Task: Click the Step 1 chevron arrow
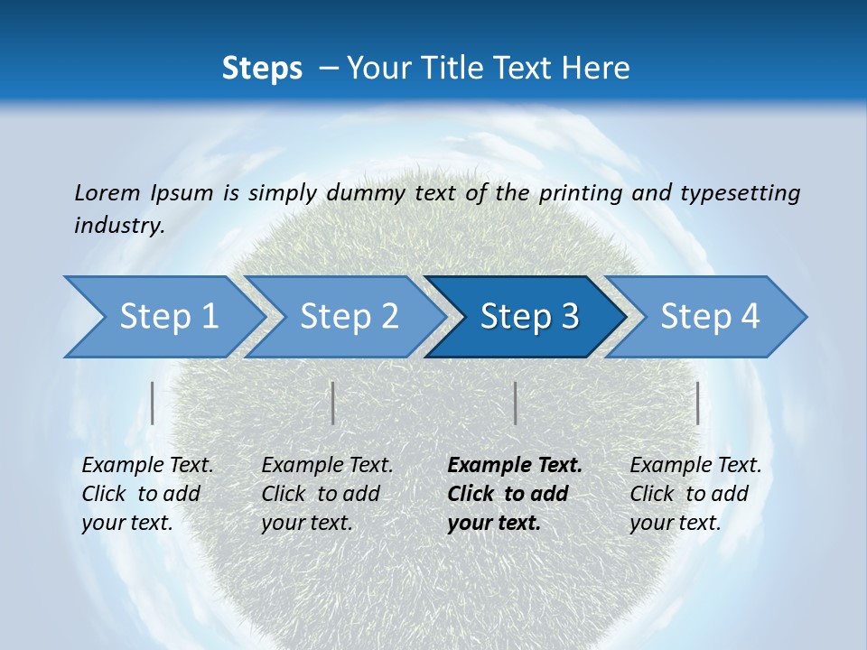point(168,317)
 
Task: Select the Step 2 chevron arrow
point(349,317)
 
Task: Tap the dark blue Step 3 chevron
point(529,317)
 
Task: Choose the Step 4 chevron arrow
point(710,317)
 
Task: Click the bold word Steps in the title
point(262,69)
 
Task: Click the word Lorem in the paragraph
point(107,192)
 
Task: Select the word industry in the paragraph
point(118,226)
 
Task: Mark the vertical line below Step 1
point(153,403)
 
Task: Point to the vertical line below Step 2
point(333,403)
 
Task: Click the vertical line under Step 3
point(516,403)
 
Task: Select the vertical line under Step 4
point(698,403)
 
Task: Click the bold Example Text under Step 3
point(515,466)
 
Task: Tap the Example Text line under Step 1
point(148,466)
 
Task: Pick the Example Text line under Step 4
point(695,466)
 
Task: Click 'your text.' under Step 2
point(307,523)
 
